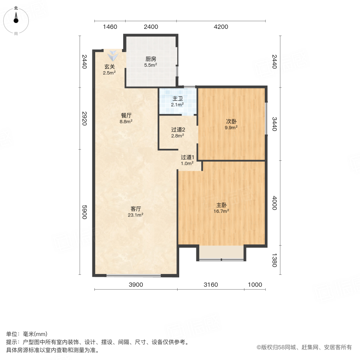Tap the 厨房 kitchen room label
pos(151,59)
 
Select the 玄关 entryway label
pos(110,67)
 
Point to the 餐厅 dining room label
pos(126,115)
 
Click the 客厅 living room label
pos(136,208)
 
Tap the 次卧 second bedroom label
pos(231,121)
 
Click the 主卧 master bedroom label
pos(222,204)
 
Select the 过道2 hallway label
pos(178,129)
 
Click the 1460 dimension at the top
pos(110,27)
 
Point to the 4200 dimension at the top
pos(220,27)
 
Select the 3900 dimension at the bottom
pos(136,285)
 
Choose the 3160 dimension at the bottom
pos(211,285)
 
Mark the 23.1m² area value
pos(136,215)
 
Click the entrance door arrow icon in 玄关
pos(113,56)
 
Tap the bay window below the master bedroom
pos(221,253)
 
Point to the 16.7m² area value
pos(222,211)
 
